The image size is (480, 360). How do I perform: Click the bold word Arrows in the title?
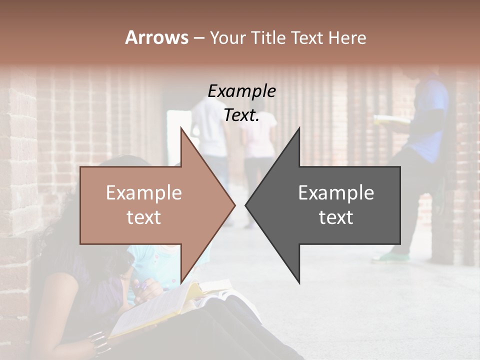tap(156, 37)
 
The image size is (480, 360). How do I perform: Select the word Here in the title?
tap(347, 37)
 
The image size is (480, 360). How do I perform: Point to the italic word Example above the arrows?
tap(241, 91)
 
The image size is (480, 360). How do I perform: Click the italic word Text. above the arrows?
tap(241, 115)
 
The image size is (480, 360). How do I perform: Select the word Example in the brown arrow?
tap(144, 192)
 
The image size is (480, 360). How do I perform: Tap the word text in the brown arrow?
tap(144, 217)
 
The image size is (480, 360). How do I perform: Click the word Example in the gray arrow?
tap(336, 192)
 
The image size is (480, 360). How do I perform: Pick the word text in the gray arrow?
tap(336, 217)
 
